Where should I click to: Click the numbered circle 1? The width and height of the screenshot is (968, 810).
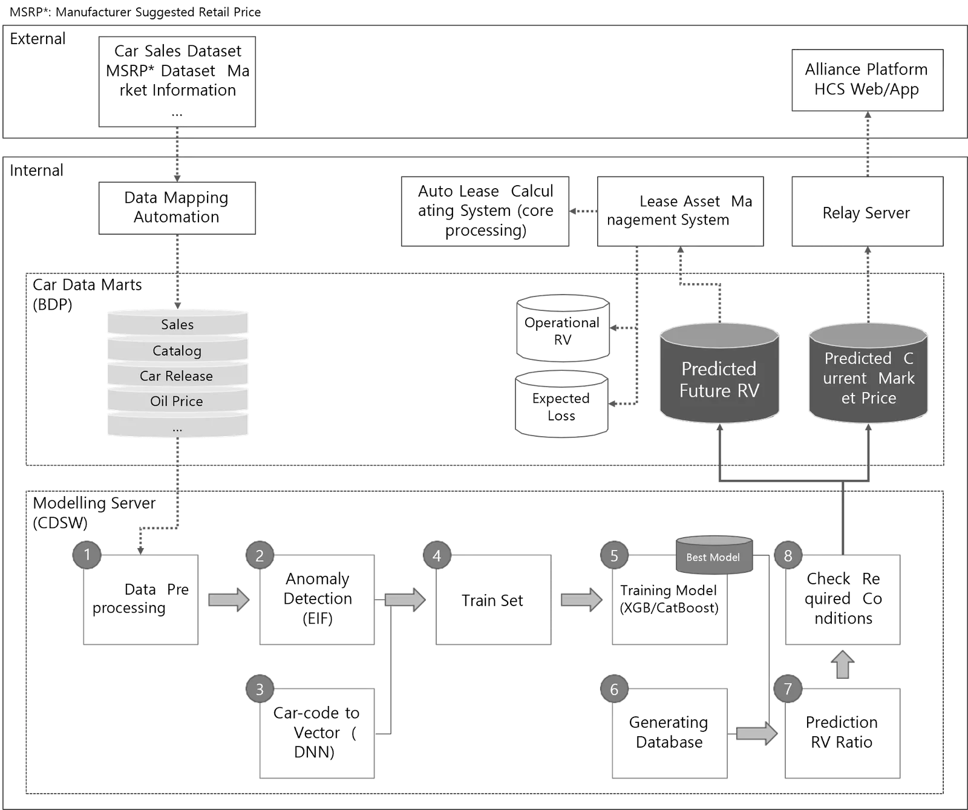87,554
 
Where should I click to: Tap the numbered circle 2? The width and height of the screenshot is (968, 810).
260,555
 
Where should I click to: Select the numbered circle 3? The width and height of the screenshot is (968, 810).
260,689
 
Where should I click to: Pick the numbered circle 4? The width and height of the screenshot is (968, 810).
437,555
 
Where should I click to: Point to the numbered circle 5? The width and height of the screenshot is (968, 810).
614,555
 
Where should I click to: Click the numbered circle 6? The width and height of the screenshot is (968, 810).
614,689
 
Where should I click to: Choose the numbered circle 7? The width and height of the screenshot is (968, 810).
788,688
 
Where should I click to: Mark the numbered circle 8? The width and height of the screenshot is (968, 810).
788,555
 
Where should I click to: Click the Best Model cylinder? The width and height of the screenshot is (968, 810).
713,555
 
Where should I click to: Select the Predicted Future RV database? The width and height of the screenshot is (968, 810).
719,375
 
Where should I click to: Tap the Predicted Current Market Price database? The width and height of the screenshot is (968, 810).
868,375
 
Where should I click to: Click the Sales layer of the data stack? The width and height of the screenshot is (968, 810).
177,324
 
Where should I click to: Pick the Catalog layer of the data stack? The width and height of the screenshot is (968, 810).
177,350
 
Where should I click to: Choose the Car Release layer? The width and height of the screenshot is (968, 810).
177,376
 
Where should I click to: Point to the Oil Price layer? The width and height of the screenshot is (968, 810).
177,401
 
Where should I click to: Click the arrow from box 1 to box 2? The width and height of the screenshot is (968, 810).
227,599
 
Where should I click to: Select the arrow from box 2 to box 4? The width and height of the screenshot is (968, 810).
404,599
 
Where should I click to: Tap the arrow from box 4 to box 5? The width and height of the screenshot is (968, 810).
580,599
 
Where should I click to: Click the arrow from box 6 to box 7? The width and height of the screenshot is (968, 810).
756,734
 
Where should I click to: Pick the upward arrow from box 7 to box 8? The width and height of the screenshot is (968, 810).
843,665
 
